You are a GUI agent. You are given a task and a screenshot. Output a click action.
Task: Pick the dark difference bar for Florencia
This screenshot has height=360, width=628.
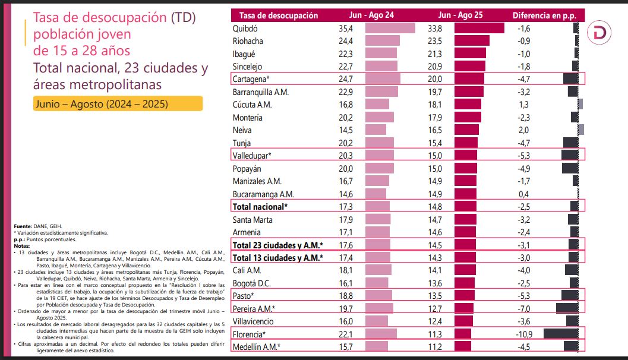pyautogui.click(x=561, y=333)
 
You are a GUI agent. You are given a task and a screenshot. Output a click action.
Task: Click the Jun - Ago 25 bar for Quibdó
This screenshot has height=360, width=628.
pyautogui.click(x=479, y=29)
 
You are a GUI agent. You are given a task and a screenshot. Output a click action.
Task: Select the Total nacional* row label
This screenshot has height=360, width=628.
pyautogui.click(x=260, y=206)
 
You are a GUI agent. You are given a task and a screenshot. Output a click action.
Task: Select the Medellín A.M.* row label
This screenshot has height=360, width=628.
pyautogui.click(x=257, y=346)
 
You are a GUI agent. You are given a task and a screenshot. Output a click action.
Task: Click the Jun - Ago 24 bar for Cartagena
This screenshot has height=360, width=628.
pyautogui.click(x=383, y=79)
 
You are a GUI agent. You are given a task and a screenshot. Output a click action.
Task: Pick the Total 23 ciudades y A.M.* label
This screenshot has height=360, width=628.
pyautogui.click(x=277, y=244)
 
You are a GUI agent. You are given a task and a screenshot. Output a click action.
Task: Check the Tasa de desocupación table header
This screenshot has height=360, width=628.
pyautogui.click(x=278, y=16)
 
